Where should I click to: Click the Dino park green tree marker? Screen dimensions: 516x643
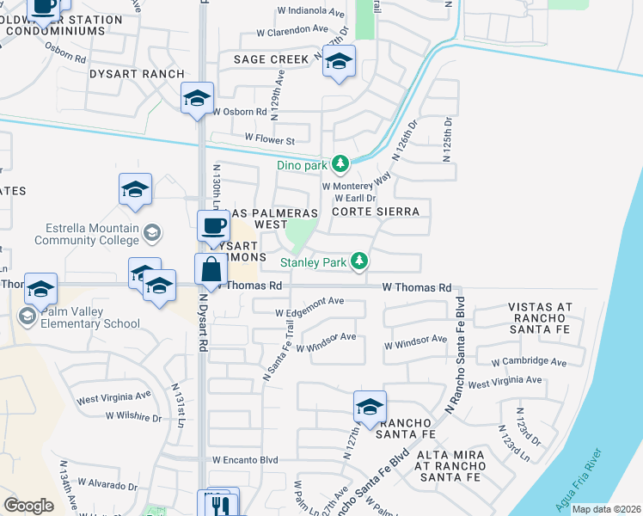click(x=340, y=163)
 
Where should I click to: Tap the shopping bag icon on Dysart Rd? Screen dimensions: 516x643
click(x=211, y=271)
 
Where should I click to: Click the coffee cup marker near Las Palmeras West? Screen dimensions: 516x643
click(x=214, y=227)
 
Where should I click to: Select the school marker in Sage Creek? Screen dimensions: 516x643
click(x=340, y=61)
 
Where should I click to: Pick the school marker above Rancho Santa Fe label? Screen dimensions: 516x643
click(x=370, y=407)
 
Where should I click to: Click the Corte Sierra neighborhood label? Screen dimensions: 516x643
click(x=376, y=212)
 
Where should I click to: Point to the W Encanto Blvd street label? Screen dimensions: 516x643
click(x=245, y=460)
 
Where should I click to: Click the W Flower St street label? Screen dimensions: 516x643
click(x=269, y=138)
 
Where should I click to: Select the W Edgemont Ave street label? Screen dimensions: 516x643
click(x=309, y=301)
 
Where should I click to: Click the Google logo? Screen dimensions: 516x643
click(x=29, y=506)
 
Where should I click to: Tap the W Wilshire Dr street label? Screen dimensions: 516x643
click(x=133, y=416)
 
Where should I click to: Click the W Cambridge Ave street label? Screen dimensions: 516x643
click(x=530, y=361)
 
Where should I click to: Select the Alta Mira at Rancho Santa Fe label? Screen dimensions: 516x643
click(x=450, y=465)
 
